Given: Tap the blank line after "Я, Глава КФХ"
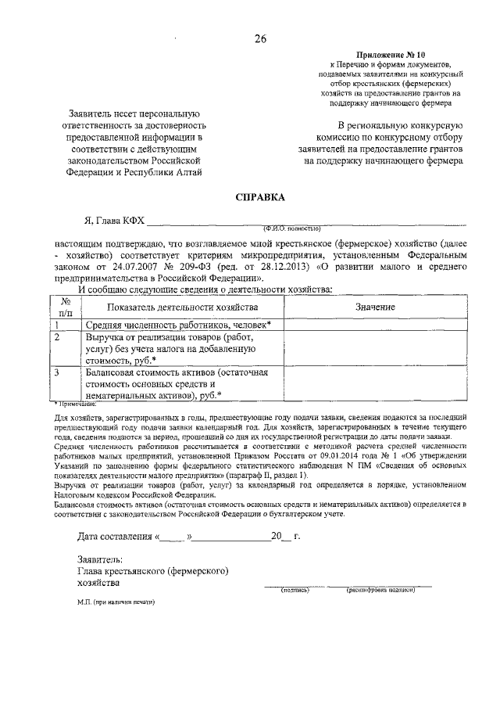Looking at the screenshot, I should point(305,221).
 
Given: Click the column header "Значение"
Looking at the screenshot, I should point(375,307).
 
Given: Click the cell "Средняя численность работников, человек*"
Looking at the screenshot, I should point(177,325).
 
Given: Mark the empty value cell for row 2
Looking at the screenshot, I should point(375,348).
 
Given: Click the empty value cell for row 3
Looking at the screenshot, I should point(375,383).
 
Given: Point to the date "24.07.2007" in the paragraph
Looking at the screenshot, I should point(132,267).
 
